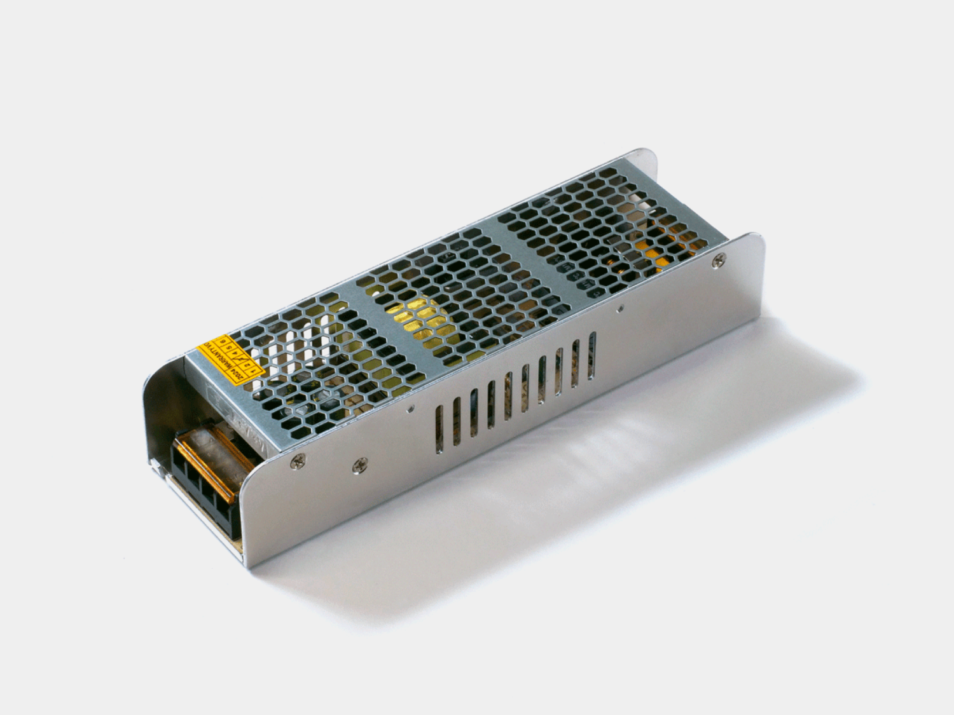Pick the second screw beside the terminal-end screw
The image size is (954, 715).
click(x=359, y=466)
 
